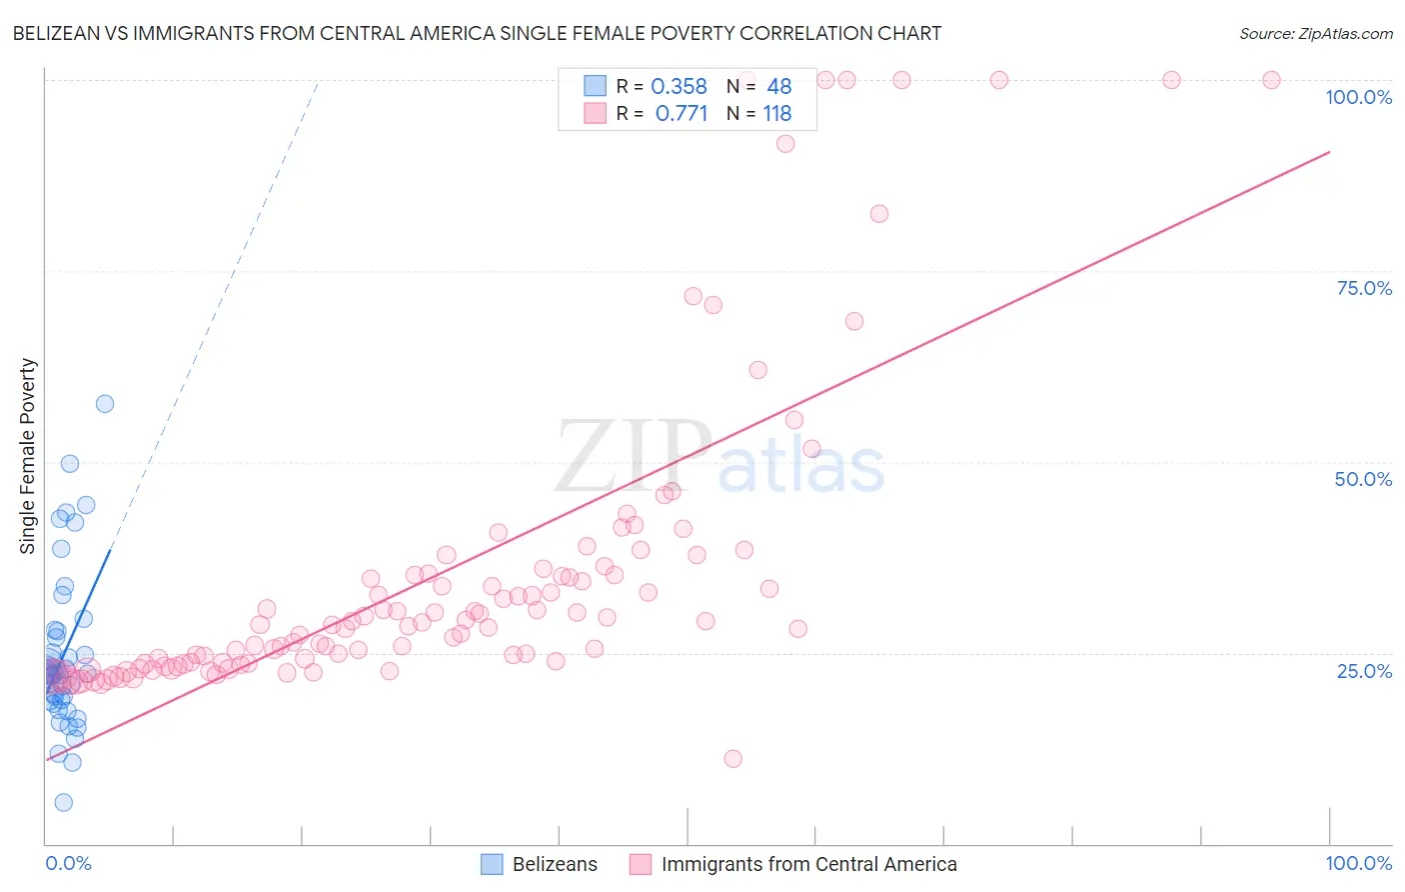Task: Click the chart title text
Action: point(477,34)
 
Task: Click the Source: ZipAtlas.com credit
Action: point(1315,34)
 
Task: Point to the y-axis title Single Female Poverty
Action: point(28,456)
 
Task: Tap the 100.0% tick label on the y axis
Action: point(1358,97)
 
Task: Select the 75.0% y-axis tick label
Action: point(1364,288)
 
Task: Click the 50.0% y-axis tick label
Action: point(1363,479)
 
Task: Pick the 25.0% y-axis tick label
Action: point(1364,671)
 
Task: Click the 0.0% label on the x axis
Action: point(68,863)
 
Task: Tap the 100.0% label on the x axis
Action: point(1358,863)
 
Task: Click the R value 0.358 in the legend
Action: point(679,87)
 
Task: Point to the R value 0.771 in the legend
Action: point(681,114)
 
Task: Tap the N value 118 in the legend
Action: point(777,114)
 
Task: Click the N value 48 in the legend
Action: point(778,87)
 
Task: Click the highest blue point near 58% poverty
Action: point(105,404)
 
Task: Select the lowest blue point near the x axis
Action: point(63,802)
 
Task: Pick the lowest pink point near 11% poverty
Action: point(732,759)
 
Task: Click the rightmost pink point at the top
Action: point(1271,80)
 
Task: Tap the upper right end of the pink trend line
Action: point(1329,152)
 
